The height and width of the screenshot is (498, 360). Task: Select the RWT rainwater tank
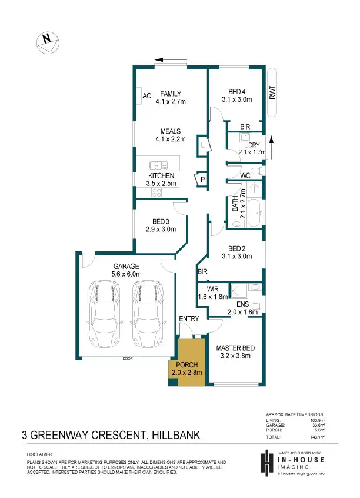(x=272, y=93)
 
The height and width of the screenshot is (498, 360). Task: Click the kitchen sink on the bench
(x=157, y=165)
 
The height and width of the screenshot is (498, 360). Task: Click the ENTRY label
(x=189, y=318)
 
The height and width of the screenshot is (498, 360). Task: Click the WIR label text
(x=212, y=289)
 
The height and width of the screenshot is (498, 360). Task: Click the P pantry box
(x=201, y=179)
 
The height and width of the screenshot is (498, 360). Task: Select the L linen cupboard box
(x=202, y=144)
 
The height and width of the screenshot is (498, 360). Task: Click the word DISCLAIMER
(x=39, y=454)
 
